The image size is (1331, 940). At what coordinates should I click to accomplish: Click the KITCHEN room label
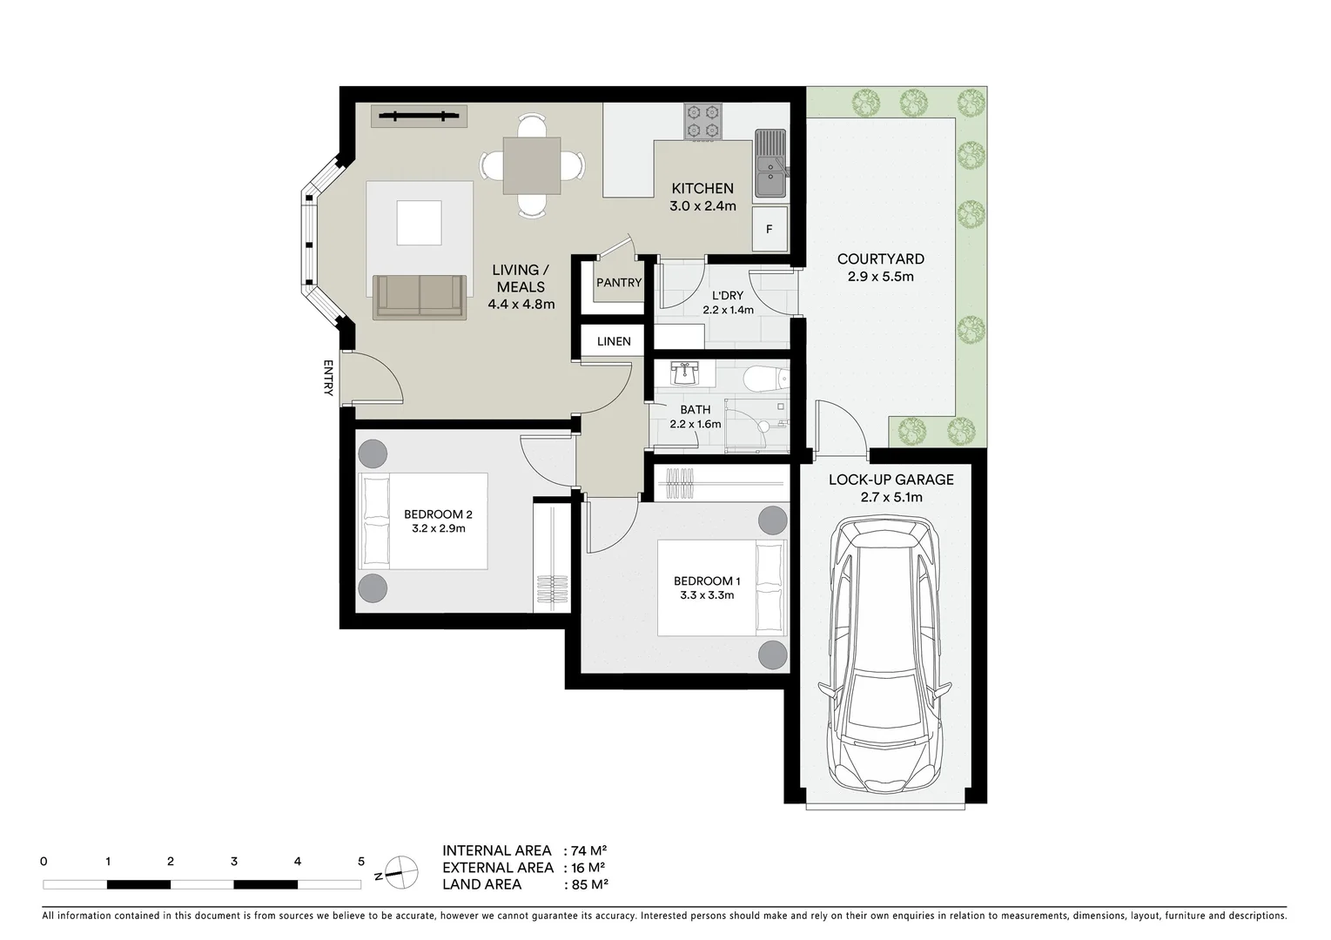702,189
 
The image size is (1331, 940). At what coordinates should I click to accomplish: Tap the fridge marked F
770,230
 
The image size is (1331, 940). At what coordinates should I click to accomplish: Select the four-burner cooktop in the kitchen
703,121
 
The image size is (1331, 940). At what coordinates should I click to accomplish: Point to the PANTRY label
618,283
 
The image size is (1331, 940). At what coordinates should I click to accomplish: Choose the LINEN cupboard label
614,341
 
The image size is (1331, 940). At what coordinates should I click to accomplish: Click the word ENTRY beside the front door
328,378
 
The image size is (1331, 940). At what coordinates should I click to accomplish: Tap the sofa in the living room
419,296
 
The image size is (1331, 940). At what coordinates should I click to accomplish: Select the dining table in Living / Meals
532,165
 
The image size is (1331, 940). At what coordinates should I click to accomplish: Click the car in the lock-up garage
885,653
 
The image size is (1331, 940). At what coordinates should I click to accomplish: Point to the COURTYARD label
880,259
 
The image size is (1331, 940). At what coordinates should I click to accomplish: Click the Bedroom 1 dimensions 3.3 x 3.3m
707,595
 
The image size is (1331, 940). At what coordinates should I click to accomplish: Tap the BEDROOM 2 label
438,514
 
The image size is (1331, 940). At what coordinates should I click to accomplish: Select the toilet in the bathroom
767,379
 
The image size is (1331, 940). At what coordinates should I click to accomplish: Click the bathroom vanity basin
686,374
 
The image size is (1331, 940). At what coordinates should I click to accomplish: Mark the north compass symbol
401,871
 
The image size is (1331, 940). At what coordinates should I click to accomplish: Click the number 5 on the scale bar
361,862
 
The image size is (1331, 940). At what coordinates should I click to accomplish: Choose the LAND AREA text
481,884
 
